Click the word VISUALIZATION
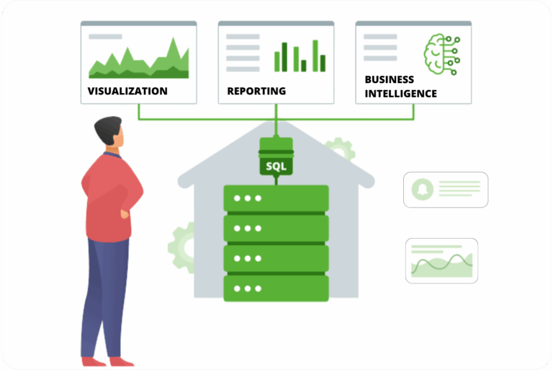click(127, 92)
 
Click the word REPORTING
click(256, 92)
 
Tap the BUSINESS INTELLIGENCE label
click(400, 87)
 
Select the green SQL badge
click(276, 167)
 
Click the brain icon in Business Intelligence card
click(440, 53)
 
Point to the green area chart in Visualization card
click(138, 61)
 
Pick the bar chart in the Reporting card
click(300, 56)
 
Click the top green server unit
click(276, 198)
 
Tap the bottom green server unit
click(276, 288)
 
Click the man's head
click(109, 133)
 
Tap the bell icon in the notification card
click(420, 190)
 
